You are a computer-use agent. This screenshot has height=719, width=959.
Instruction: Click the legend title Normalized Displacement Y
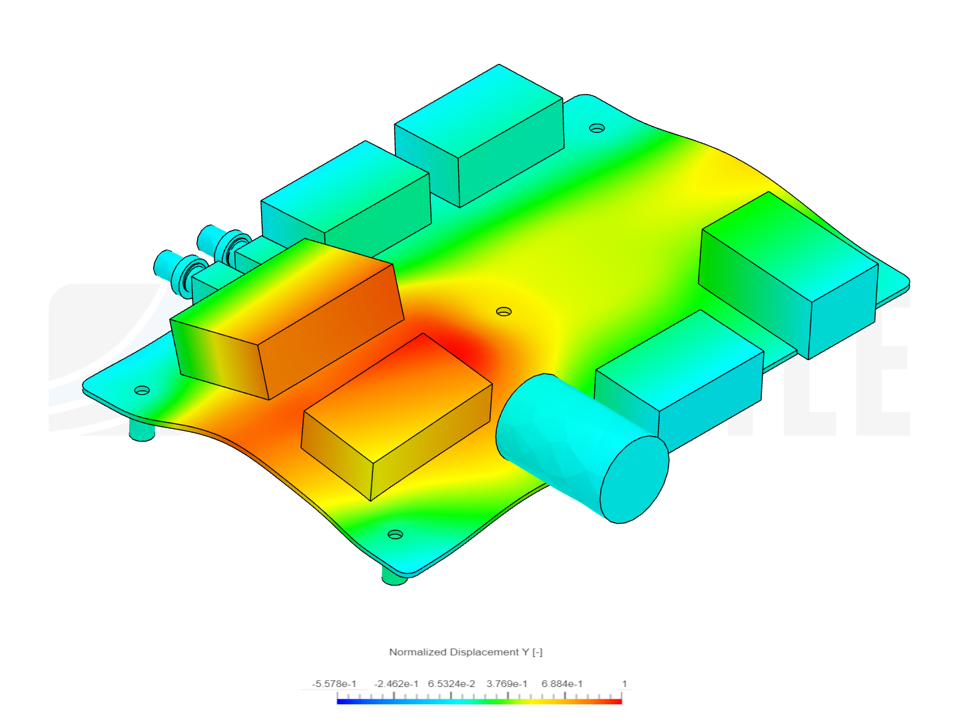pos(466,652)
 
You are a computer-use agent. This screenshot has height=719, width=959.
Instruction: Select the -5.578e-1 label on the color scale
pos(334,684)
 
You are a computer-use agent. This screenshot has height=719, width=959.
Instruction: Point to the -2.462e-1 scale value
pos(396,684)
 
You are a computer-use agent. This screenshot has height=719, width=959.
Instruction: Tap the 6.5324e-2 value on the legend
pos(452,684)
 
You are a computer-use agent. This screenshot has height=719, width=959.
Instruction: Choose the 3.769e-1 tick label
pos(507,684)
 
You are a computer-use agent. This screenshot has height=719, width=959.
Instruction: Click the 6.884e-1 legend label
pos(562,684)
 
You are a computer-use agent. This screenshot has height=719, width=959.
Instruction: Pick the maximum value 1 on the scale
pos(624,684)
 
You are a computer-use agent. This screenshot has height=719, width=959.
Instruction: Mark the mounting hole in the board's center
pos(504,312)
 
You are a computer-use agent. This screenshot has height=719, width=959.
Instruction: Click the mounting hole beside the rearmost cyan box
pos(597,128)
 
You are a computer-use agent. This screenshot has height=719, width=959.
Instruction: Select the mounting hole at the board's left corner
pos(142,390)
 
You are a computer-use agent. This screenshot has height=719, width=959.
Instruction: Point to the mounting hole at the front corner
pos(395,535)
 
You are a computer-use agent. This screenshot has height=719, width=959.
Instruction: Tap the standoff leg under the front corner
pos(394,577)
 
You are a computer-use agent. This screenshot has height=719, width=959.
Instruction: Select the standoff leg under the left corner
pos(141,433)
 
